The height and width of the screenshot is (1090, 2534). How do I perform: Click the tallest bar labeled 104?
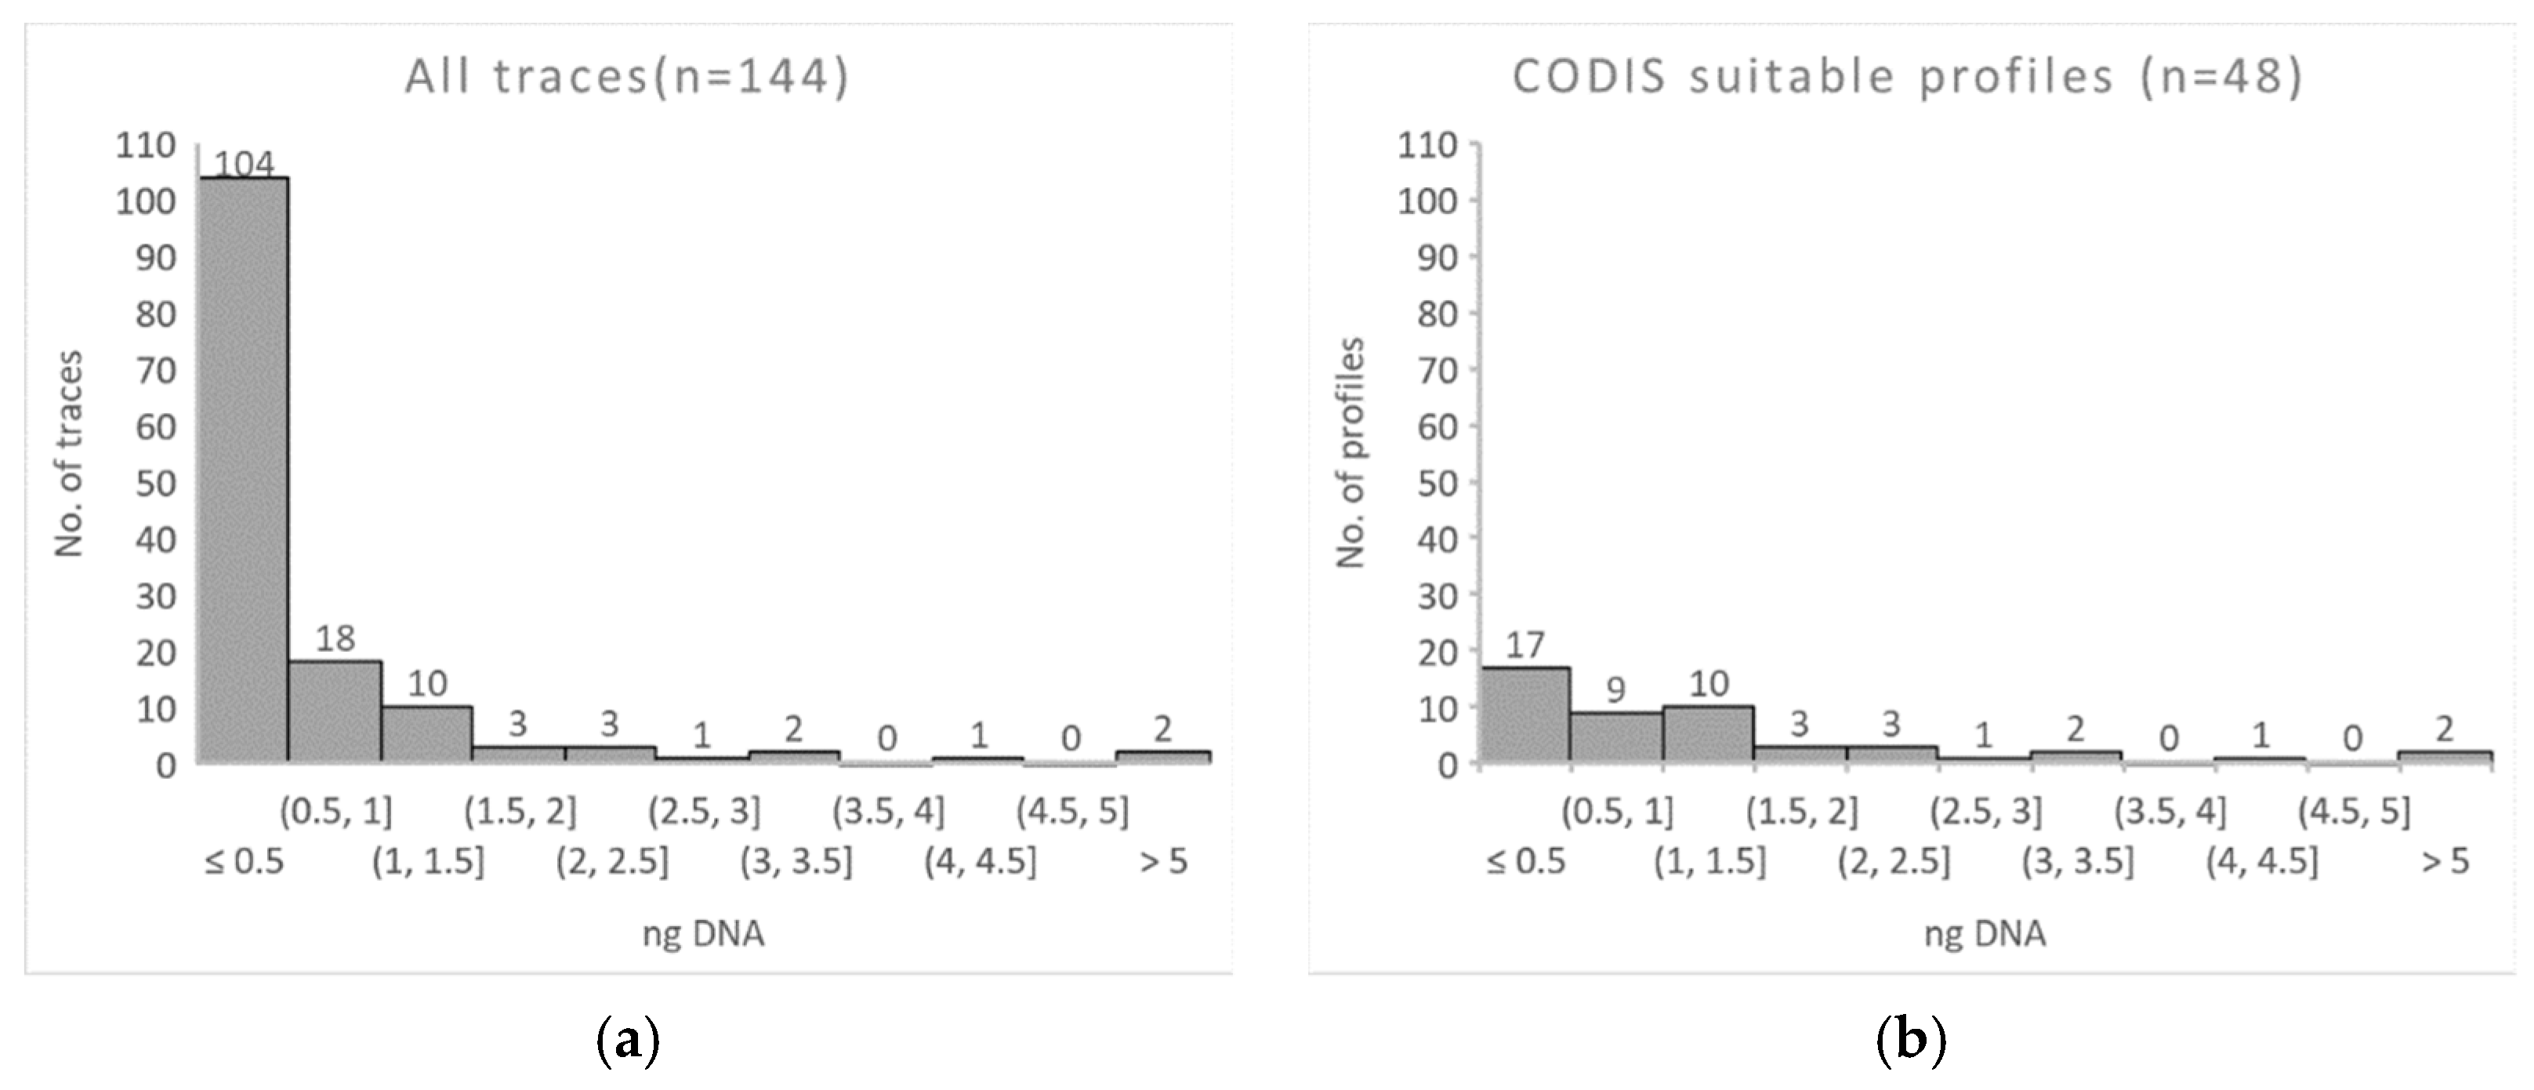pyautogui.click(x=243, y=470)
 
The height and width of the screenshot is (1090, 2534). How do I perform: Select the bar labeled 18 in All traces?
pyautogui.click(x=335, y=712)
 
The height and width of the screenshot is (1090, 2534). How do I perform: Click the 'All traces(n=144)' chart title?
pyautogui.click(x=626, y=77)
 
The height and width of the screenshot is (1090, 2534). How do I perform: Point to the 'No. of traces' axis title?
pyautogui.click(x=69, y=454)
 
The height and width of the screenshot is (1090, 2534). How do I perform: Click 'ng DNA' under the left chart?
pyautogui.click(x=703, y=933)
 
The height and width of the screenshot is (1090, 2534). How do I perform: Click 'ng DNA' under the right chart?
pyautogui.click(x=1985, y=933)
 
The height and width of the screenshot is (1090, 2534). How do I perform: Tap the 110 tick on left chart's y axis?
pyautogui.click(x=146, y=146)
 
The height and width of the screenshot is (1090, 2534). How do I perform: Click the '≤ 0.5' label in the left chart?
pyautogui.click(x=243, y=862)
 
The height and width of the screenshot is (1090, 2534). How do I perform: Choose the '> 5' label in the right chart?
pyautogui.click(x=2445, y=862)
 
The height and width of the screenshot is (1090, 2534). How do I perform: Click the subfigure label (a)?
pyautogui.click(x=628, y=1040)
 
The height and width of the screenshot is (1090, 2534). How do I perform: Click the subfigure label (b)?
pyautogui.click(x=1910, y=1040)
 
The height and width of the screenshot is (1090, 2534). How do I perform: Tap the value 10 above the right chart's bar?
pyautogui.click(x=1709, y=684)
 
